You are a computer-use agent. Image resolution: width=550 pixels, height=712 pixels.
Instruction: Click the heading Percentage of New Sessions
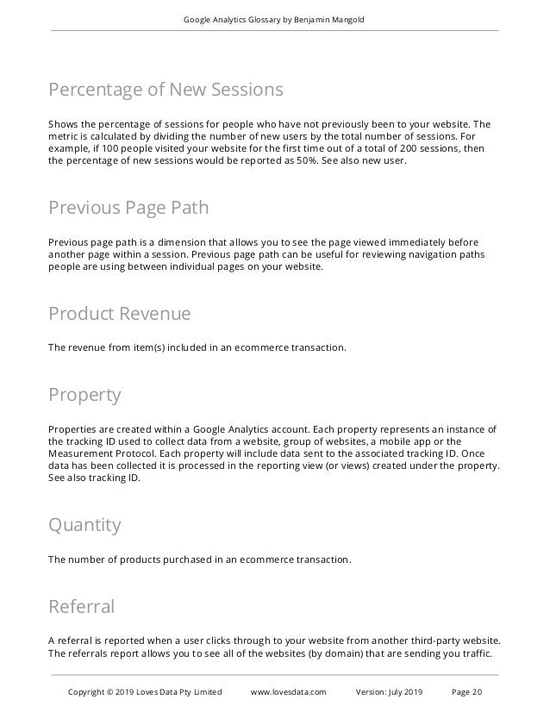click(165, 90)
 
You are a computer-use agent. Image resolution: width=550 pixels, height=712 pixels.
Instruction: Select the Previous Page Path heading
click(128, 209)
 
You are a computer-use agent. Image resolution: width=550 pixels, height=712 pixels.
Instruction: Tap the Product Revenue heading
click(119, 313)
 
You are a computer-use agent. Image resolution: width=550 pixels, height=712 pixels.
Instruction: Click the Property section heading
click(84, 396)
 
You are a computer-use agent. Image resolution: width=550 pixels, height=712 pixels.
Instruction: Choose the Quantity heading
click(84, 525)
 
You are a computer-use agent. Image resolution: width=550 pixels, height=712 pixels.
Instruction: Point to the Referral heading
click(81, 607)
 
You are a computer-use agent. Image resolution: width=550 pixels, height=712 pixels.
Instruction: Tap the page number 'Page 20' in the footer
click(467, 692)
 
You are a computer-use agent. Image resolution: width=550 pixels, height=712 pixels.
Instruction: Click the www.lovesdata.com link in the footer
click(288, 692)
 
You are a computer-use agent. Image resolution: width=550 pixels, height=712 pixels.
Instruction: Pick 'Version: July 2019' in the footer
click(390, 692)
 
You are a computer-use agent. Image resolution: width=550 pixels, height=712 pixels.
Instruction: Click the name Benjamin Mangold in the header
click(333, 20)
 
